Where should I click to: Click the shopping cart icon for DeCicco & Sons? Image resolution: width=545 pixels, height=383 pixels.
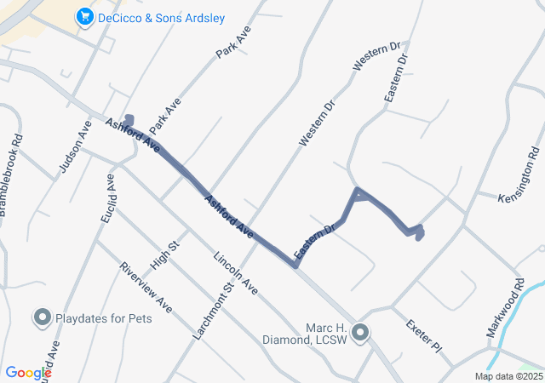pos(84,16)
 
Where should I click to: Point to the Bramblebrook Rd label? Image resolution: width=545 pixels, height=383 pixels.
pos(11,174)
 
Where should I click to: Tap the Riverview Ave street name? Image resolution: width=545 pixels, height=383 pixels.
pos(146,286)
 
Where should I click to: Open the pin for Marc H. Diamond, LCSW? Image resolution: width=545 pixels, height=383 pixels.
pos(361,332)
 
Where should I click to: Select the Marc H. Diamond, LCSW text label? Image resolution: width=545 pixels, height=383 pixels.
pos(308,334)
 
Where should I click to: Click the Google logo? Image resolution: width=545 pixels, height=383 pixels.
pos(27,372)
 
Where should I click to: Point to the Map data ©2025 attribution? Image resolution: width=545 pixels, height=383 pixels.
pos(508,376)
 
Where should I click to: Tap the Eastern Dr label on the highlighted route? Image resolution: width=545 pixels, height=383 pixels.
pos(313,243)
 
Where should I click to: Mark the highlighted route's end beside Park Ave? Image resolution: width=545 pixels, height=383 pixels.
pos(129,119)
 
